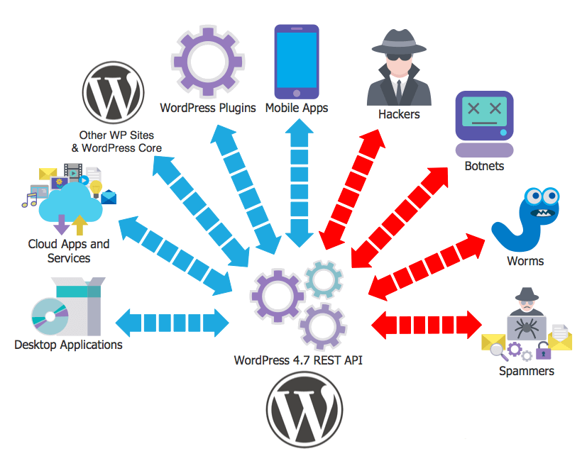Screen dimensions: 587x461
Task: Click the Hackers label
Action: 399,114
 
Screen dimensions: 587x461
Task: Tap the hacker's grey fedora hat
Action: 399,42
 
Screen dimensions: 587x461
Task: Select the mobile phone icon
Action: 297,62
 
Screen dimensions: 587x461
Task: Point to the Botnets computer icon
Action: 484,124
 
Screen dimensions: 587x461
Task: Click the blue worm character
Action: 526,219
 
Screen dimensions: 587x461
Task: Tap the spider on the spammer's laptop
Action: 527,328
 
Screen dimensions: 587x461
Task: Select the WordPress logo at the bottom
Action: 304,409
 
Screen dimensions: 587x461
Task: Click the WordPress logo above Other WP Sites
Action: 113,92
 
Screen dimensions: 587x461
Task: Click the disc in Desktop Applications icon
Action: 50,316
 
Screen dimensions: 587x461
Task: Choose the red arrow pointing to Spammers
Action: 427,325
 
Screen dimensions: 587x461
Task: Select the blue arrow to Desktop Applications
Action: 172,323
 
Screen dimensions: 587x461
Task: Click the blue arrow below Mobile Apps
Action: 299,183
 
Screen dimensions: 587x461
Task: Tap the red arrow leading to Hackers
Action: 352,189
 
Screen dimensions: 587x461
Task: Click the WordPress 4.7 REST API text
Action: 298,360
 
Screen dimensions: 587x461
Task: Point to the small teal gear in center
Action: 324,280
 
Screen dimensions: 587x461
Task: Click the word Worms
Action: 525,261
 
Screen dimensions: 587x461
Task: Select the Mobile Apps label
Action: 297,108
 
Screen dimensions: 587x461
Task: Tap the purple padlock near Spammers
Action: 543,350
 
